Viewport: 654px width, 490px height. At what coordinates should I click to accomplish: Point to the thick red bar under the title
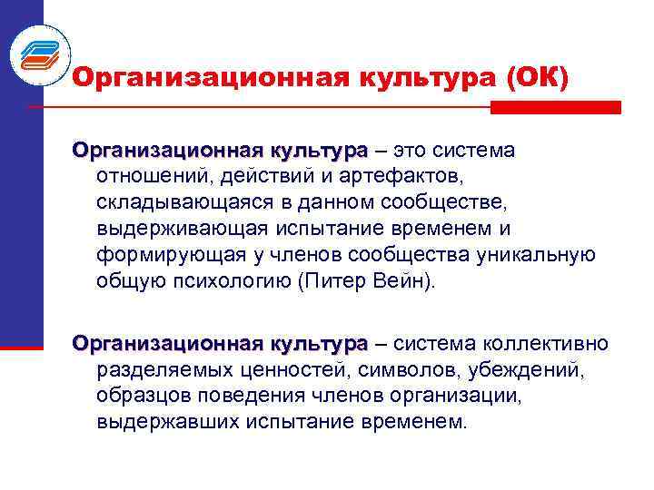click(x=555, y=107)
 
